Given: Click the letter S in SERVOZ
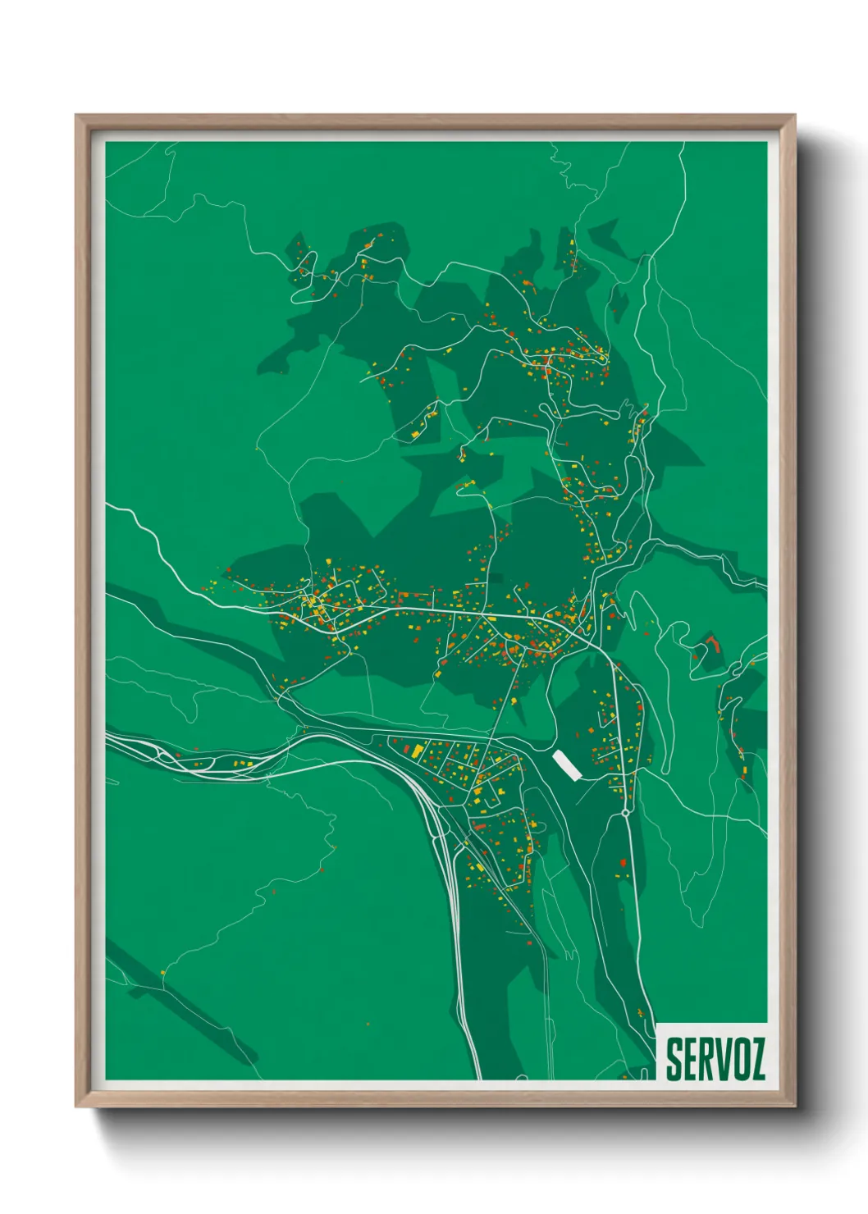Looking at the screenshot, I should pos(674,1059).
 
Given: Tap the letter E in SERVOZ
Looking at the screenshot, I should pos(691,1059).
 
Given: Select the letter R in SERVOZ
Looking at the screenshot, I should pos(707,1059).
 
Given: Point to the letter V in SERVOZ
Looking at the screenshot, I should pos(724,1059).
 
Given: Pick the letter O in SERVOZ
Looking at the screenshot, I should pos(740,1059).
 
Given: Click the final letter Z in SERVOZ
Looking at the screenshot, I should pos(757,1059).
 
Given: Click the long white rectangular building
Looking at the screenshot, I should pos(566,764).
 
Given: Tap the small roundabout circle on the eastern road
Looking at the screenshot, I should pos(626,812).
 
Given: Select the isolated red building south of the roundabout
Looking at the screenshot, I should pos(623,863).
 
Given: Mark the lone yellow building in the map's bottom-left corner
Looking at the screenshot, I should pos(162,973).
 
